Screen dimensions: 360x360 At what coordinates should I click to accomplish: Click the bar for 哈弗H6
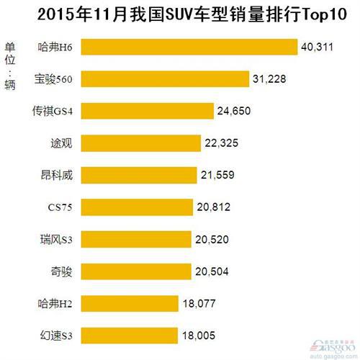[189, 47]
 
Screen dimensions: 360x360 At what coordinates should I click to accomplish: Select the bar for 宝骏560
[164, 78]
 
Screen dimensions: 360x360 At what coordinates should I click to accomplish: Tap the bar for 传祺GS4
[147, 110]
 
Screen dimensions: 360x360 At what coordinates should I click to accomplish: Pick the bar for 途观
[140, 143]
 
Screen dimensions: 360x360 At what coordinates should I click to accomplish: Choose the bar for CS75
[137, 207]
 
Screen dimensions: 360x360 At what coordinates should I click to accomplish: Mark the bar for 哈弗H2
[129, 303]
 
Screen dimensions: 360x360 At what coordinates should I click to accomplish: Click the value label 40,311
[319, 48]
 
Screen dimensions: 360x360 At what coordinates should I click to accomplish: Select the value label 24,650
[236, 111]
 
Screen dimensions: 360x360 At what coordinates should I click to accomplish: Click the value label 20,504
[214, 271]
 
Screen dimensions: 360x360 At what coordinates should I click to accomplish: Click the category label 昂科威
[57, 175]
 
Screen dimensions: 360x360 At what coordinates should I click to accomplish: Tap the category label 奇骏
[62, 271]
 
